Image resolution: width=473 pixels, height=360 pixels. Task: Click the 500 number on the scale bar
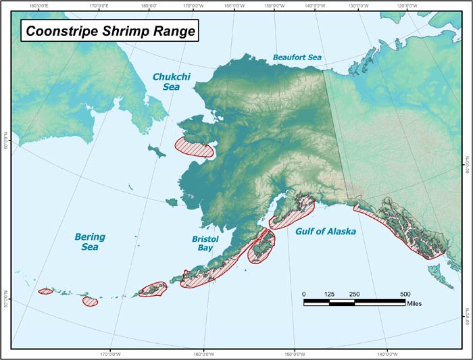click(x=405, y=294)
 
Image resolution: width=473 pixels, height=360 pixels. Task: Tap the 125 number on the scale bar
click(x=329, y=294)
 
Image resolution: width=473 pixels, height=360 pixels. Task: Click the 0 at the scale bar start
click(x=304, y=294)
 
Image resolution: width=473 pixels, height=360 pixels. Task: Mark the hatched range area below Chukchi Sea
click(x=194, y=147)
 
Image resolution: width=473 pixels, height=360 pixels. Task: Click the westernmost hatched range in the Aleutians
click(x=45, y=291)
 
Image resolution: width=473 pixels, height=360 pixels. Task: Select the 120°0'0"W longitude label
click(x=406, y=5)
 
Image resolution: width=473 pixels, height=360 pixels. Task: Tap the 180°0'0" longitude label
click(x=150, y=5)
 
